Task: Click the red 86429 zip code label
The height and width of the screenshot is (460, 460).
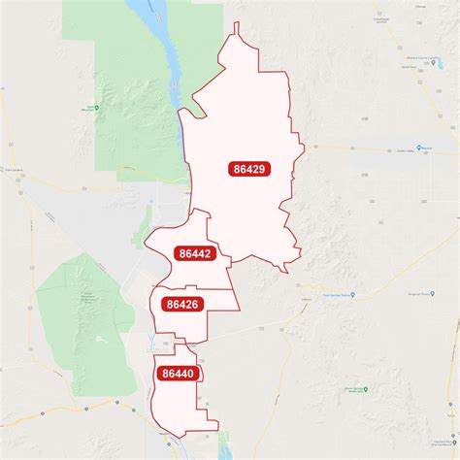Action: pyautogui.click(x=249, y=169)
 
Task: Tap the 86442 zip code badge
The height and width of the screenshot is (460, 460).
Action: pyautogui.click(x=194, y=254)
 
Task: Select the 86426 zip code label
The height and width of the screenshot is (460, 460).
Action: pyautogui.click(x=181, y=305)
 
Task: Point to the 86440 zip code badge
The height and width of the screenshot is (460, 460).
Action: pyautogui.click(x=178, y=373)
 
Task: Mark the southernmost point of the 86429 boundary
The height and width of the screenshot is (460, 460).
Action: pyautogui.click(x=286, y=272)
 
